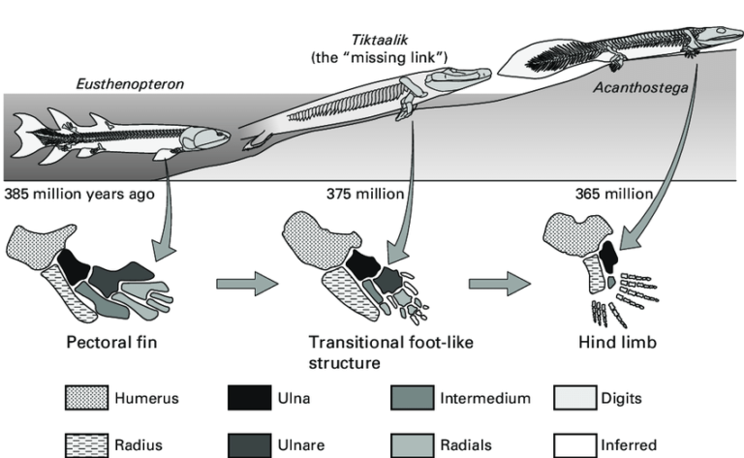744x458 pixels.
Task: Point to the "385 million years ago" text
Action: click(x=79, y=193)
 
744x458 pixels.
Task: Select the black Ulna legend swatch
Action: click(x=248, y=397)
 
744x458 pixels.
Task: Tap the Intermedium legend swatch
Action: click(x=413, y=397)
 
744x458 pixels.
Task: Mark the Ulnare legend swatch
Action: click(x=248, y=444)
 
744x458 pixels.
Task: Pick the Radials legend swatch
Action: click(x=413, y=444)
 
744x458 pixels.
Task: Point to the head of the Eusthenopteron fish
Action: click(x=206, y=138)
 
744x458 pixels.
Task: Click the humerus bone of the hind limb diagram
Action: click(x=573, y=232)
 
